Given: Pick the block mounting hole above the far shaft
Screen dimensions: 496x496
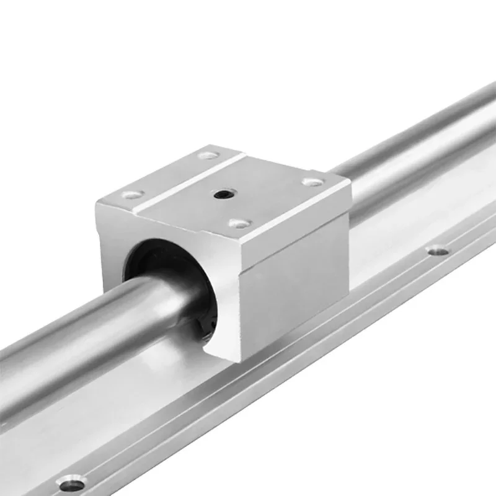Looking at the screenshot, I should [313, 182].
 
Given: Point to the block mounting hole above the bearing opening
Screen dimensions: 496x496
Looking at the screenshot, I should [132, 195].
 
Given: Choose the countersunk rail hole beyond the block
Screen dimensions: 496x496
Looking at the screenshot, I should [438, 251].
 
